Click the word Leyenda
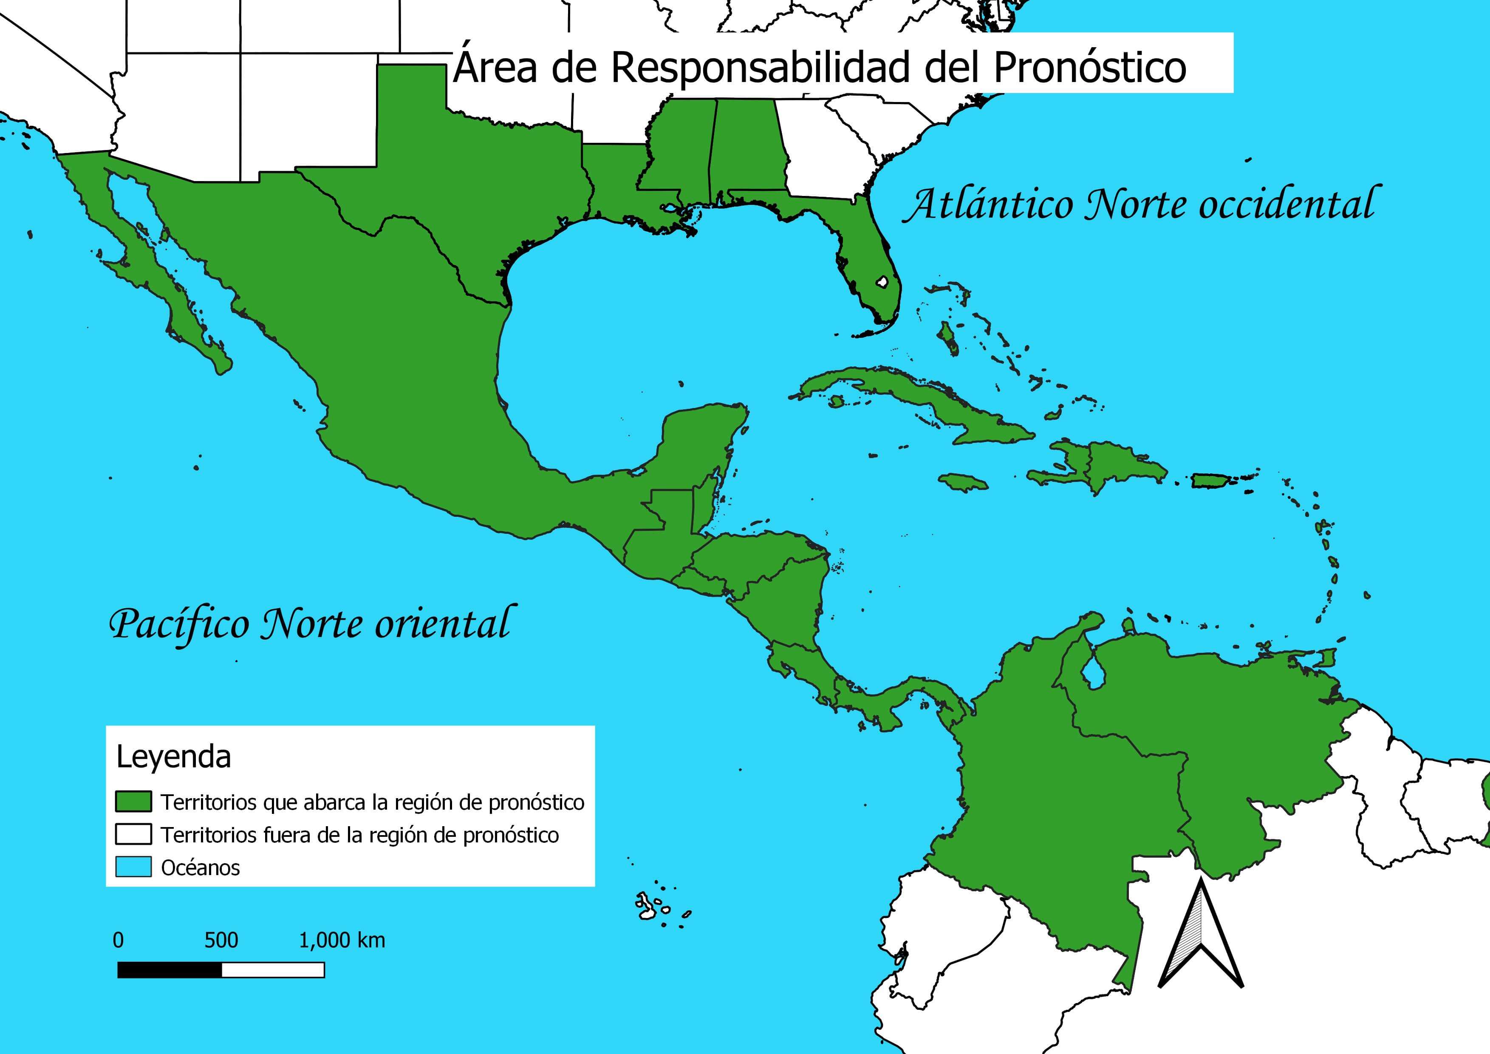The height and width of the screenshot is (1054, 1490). [x=173, y=757]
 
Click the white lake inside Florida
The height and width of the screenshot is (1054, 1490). [x=882, y=282]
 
